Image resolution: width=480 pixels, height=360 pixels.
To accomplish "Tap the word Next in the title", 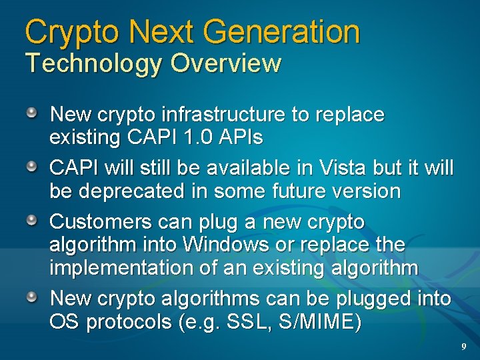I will (x=158, y=31).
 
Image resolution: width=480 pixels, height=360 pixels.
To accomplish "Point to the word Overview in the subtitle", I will (x=226, y=64).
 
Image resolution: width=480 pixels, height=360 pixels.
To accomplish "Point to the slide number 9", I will (x=463, y=347).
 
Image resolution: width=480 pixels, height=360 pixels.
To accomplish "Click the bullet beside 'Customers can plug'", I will (x=32, y=219).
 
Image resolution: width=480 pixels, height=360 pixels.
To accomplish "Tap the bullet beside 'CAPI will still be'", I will (x=32, y=166).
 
